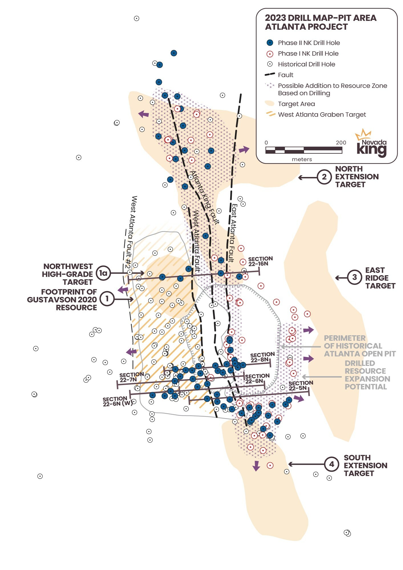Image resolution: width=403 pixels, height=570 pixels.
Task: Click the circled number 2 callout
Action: click(x=324, y=177)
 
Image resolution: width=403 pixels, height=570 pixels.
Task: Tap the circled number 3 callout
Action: click(x=355, y=277)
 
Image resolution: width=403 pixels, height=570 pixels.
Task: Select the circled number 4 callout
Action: click(x=332, y=464)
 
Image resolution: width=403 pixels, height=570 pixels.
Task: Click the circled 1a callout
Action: click(x=103, y=273)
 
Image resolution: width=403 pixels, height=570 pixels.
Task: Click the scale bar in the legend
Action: click(x=303, y=150)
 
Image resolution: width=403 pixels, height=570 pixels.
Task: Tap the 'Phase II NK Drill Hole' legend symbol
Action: click(x=270, y=43)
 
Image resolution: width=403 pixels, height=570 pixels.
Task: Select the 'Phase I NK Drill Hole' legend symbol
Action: click(x=270, y=54)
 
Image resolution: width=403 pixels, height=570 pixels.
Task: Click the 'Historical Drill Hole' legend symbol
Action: click(x=270, y=64)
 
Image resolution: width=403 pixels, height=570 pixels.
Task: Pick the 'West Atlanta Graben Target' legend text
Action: click(x=322, y=115)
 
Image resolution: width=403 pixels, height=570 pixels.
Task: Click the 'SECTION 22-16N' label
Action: click(x=260, y=261)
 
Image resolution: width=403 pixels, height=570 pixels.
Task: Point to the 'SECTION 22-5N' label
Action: click(x=301, y=386)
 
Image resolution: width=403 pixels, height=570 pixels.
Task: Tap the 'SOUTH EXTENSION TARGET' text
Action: click(x=365, y=465)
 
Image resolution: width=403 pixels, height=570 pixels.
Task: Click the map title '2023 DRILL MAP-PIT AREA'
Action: click(x=321, y=18)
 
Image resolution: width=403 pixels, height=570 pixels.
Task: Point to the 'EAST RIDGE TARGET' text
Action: click(x=380, y=278)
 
